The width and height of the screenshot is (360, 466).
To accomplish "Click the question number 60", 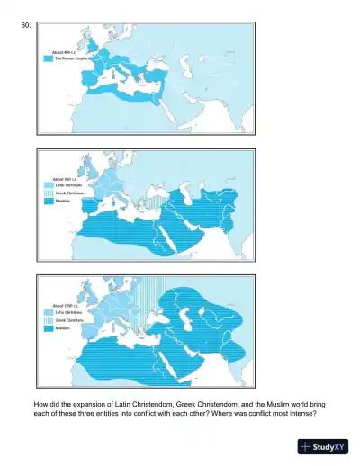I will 26,28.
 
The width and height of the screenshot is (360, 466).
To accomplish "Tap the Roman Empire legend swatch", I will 48,59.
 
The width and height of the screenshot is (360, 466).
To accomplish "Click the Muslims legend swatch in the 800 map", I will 48,201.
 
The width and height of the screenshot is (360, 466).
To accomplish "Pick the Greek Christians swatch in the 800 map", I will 48,193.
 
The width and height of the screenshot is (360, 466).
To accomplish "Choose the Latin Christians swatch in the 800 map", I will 48,186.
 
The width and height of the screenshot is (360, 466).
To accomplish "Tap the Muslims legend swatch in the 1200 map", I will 48,327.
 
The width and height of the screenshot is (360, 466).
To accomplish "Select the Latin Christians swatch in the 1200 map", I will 48,313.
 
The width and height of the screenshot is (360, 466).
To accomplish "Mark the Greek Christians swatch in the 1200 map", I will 48,320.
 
